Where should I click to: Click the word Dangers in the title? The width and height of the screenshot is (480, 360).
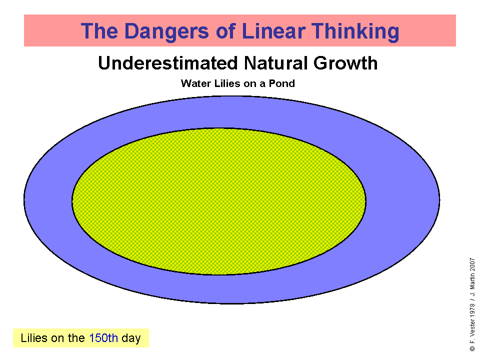(x=167, y=31)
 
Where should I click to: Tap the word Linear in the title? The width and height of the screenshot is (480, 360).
(x=273, y=31)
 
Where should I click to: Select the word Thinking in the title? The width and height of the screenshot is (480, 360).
(x=355, y=31)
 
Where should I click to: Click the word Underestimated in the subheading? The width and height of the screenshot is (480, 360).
(x=168, y=63)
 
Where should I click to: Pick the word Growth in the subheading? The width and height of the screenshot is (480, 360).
(x=345, y=63)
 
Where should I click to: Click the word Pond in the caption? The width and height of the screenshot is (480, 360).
(x=281, y=83)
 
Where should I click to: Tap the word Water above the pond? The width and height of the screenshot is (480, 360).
(x=196, y=83)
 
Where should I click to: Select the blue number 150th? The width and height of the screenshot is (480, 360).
(x=103, y=338)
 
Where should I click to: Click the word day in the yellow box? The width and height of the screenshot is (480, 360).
(x=131, y=338)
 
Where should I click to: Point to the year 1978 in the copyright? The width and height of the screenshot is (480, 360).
(x=472, y=310)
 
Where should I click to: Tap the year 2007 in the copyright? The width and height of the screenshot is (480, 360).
(x=472, y=264)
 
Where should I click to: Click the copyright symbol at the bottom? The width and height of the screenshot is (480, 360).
(x=472, y=348)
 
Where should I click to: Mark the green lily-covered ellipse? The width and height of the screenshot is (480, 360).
(x=219, y=201)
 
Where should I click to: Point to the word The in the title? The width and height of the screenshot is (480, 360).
(x=99, y=31)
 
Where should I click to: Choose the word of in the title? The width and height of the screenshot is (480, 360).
(x=225, y=31)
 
